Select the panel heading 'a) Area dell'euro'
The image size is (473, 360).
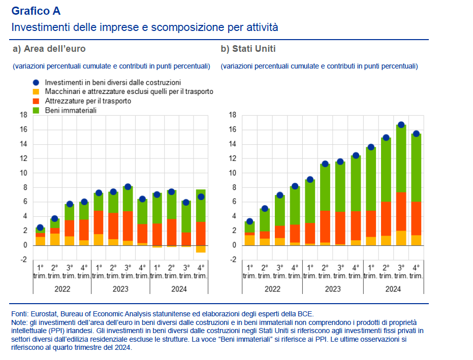[49, 49]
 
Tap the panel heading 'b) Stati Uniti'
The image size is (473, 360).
[248, 49]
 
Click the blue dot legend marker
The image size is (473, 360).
[36, 82]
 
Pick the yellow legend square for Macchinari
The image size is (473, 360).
[36, 91]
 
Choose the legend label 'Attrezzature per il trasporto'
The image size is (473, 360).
[88, 101]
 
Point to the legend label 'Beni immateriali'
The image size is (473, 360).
[71, 110]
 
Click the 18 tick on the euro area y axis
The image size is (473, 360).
[23, 115]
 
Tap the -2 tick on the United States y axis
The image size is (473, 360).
[232, 260]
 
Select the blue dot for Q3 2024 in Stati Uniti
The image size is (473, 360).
[401, 125]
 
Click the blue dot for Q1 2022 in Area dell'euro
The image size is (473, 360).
[40, 227]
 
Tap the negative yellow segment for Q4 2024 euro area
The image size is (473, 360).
[201, 249]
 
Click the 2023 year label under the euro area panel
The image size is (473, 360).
[121, 289]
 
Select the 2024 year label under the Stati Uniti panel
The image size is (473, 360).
[393, 289]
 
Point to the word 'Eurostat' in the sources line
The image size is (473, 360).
[43, 314]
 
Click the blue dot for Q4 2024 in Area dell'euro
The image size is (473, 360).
[201, 197]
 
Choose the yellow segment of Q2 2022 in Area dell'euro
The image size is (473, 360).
[55, 239]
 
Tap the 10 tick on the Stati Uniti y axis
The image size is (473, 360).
[232, 173]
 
